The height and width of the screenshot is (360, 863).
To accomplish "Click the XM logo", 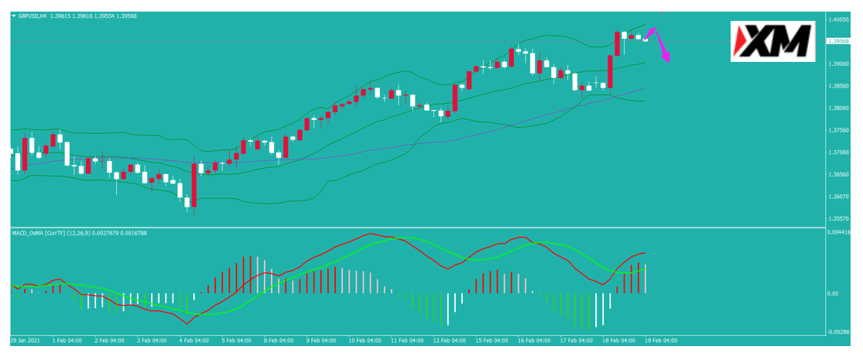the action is (772, 41).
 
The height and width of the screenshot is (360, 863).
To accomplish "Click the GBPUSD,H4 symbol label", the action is (31, 16).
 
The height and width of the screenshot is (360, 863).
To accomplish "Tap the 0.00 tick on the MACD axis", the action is (834, 293).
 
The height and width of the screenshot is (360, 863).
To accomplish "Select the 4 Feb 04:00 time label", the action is (194, 341).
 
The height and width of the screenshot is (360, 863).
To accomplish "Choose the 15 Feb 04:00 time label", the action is (491, 341).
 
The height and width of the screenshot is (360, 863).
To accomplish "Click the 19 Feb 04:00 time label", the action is (660, 341).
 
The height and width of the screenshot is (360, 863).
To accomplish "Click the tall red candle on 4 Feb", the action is (193, 185).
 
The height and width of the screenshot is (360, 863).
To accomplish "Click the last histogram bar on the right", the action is (645, 279).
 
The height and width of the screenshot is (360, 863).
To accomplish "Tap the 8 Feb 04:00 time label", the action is (279, 341).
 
